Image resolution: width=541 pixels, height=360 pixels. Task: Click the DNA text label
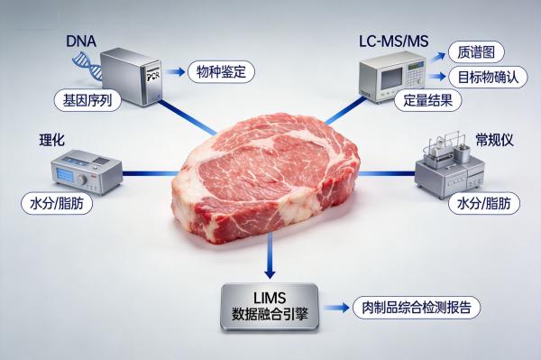pos(82,42)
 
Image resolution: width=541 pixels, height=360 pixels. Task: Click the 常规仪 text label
pos(493,141)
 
